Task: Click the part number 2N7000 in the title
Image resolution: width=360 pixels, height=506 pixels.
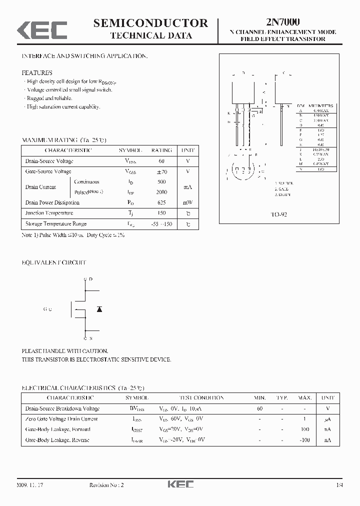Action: pos(283,21)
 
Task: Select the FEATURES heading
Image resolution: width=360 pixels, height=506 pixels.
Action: pos(36,72)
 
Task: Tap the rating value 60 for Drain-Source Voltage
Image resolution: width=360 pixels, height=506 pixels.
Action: pos(161,161)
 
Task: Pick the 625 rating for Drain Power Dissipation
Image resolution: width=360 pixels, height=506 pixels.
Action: pos(161,202)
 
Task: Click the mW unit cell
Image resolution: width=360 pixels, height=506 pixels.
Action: pos(187,202)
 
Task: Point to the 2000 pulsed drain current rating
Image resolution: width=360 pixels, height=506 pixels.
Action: pos(161,192)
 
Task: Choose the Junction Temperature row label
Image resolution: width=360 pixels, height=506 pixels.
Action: pos(49,213)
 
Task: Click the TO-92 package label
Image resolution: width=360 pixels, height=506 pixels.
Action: pos(278,214)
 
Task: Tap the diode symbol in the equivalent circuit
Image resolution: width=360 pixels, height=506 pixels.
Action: pos(99,309)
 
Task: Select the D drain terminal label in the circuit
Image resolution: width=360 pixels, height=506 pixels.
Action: pos(90,278)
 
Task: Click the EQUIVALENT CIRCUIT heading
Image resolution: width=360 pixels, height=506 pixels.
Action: pos(53,262)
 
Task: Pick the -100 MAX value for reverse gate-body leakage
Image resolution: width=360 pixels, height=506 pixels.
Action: pos(304,440)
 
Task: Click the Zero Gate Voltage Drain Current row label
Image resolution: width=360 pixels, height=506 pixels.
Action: pos(61,419)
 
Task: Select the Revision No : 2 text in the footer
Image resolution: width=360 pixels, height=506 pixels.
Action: pos(106,485)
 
